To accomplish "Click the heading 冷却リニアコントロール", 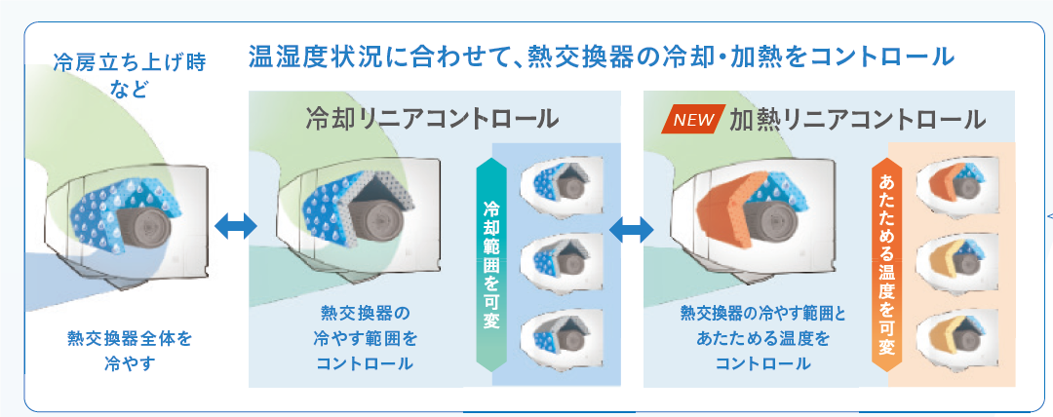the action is pyautogui.click(x=432, y=119).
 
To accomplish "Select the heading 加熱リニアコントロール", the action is pyautogui.click(x=858, y=120).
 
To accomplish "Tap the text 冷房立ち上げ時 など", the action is pyautogui.click(x=129, y=76).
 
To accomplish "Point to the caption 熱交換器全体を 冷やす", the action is pyautogui.click(x=129, y=351).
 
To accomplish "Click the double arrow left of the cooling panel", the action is pyautogui.click(x=236, y=227).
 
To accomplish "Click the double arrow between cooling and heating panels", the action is pyautogui.click(x=631, y=230).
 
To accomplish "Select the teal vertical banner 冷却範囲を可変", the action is pyautogui.click(x=491, y=264).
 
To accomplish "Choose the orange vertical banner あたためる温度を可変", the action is pyautogui.click(x=886, y=264).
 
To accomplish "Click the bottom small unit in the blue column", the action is pyautogui.click(x=563, y=332).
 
